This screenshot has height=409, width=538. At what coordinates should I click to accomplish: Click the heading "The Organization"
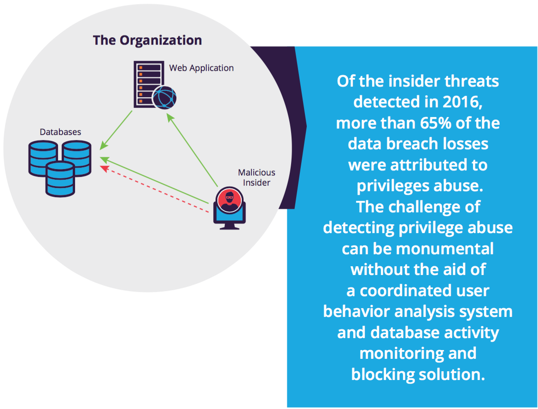147,41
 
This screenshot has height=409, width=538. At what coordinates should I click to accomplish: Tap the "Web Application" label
201,68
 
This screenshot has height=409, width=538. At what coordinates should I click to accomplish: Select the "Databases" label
60,132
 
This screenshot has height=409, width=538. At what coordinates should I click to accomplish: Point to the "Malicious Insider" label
257,177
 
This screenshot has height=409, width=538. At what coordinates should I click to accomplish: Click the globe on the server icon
164,97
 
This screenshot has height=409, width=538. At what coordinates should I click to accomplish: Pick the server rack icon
148,84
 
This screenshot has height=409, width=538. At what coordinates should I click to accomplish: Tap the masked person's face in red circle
229,200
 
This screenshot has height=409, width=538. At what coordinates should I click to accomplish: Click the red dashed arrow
154,189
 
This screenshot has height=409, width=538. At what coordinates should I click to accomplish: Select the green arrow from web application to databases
116,130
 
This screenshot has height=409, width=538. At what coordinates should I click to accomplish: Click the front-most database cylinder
60,179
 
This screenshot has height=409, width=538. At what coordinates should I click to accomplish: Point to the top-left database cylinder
42,158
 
